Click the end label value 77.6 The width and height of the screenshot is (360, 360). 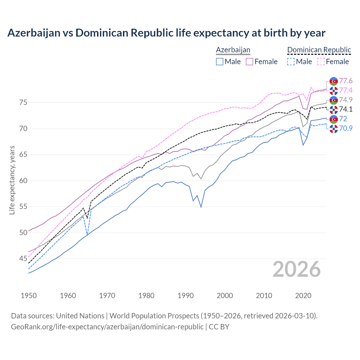tap(346, 81)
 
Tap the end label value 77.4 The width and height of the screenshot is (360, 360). tap(346, 90)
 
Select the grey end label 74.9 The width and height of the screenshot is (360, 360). tap(346, 100)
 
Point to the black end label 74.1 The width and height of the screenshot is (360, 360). tap(346, 109)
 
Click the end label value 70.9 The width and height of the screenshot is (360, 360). tap(346, 128)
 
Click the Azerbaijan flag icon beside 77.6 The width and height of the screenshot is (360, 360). tap(334, 81)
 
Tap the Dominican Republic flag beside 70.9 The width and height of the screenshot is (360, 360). tap(334, 129)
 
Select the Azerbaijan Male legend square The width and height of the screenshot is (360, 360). tap(220, 62)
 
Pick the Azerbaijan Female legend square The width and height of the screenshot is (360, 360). tap(249, 62)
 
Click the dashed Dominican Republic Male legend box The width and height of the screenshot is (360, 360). tap(291, 62)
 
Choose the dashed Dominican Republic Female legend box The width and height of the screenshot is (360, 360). tap(321, 62)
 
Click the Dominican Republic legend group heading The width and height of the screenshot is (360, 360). tap(319, 50)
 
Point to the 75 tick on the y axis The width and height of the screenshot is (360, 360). tap(23, 102)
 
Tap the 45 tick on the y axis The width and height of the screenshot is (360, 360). tap(23, 258)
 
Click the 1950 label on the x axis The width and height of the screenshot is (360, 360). tap(29, 296)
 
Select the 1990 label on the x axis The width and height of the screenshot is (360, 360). tap(186, 296)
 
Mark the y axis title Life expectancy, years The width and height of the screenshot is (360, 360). tap(12, 180)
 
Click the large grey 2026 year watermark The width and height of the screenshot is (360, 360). tap(296, 269)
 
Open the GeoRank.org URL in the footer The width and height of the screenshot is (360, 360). tap(107, 327)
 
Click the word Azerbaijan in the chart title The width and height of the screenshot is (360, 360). tap(34, 33)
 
